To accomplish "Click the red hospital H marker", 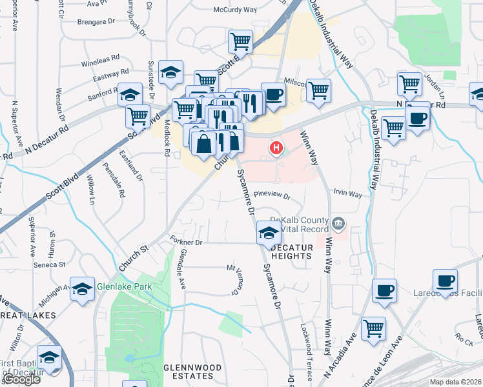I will (276, 149).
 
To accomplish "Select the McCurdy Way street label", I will (235, 10).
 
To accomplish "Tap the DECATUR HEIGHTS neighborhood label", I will (291, 252).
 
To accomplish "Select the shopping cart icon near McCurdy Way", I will (241, 41).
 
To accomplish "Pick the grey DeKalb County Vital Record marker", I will (338, 224).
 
